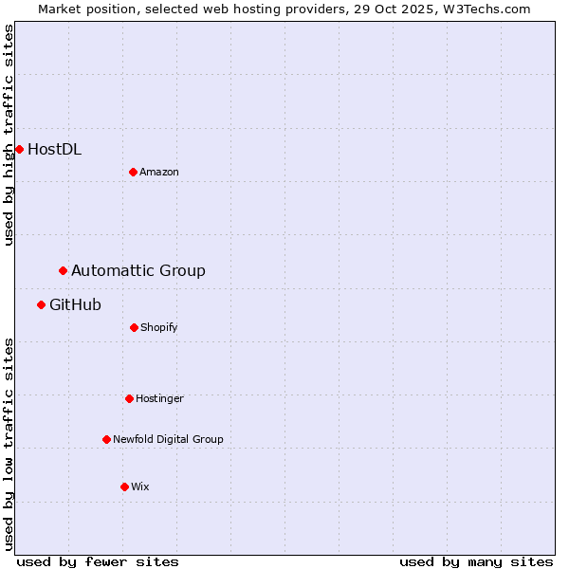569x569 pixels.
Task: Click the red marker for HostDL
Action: pos(19,149)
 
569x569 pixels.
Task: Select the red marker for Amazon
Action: pos(134,172)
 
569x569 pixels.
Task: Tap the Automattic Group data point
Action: pos(64,270)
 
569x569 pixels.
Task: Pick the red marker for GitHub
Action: pos(42,304)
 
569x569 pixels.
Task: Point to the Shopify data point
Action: pos(134,327)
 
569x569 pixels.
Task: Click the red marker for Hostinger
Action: pos(129,398)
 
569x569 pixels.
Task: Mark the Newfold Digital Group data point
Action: pos(106,439)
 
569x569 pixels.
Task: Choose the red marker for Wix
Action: pos(124,486)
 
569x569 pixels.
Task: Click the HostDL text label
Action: pos(54,149)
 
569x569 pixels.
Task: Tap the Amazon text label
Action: pos(159,172)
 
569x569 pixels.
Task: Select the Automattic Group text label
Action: pos(138,270)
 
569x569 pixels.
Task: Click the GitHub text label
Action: pos(75,304)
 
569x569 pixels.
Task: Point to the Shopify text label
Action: pos(159,327)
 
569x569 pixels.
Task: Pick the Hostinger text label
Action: pos(159,398)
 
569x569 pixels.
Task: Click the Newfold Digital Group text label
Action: pos(168,439)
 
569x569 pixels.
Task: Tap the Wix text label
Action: pos(140,486)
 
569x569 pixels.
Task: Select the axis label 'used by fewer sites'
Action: pos(98,561)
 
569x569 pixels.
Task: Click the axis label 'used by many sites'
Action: pos(476,561)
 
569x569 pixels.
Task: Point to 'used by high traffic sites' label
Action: pos(9,135)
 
